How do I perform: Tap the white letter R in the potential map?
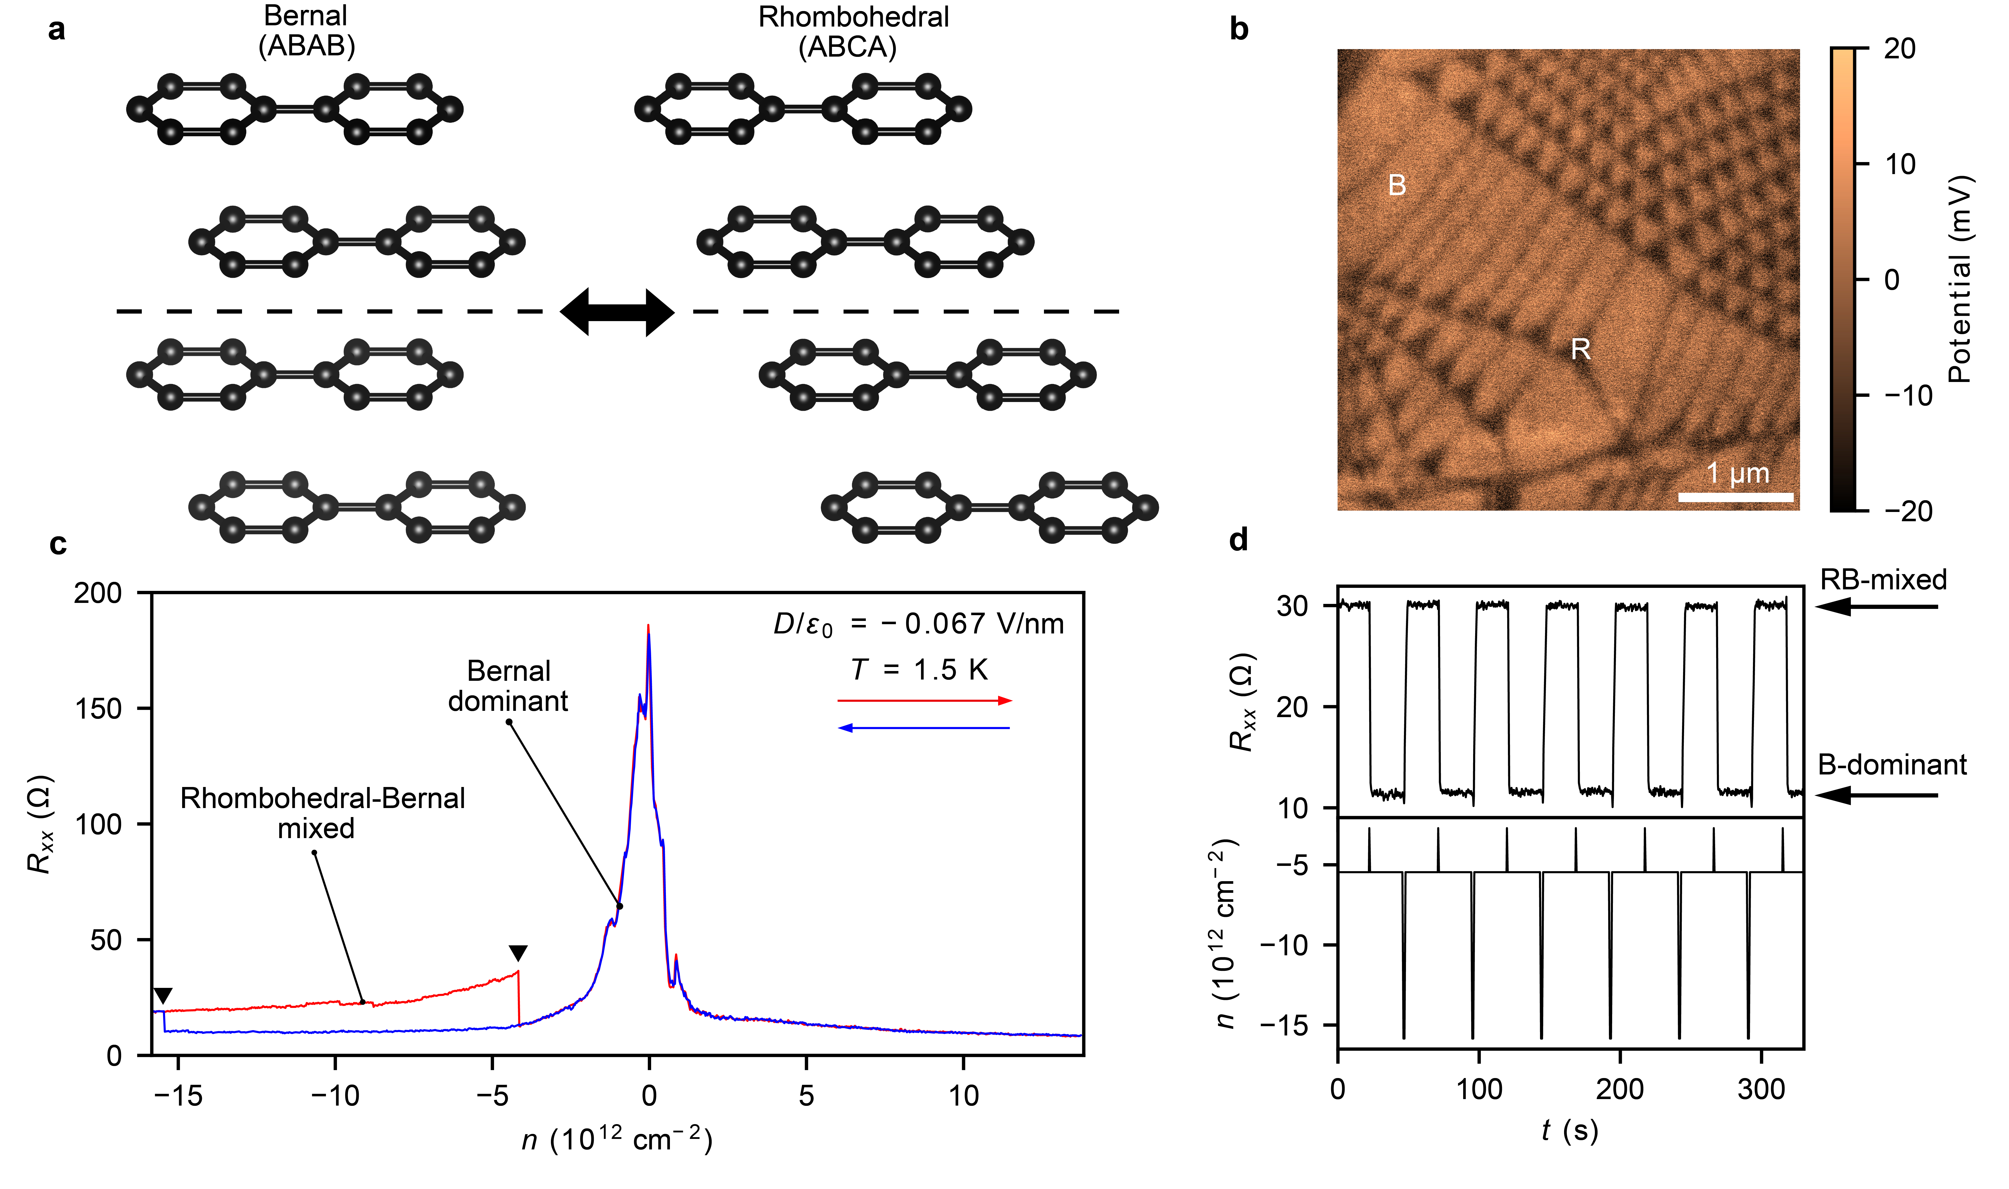click(x=1580, y=349)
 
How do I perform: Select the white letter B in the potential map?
click(x=1397, y=186)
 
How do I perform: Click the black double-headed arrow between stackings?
click(x=617, y=312)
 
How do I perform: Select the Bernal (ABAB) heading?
click(x=306, y=32)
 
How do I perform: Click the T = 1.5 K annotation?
click(x=919, y=670)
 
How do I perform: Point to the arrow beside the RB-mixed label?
click(x=1875, y=606)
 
